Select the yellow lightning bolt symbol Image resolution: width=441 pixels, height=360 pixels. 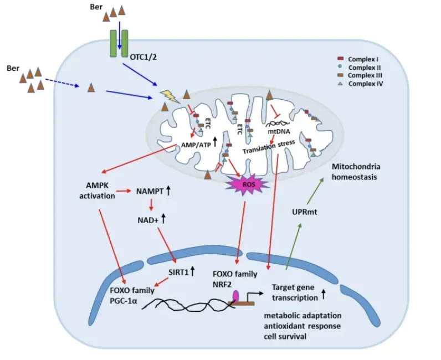(x=166, y=96)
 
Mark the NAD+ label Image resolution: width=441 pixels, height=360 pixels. (x=147, y=220)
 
